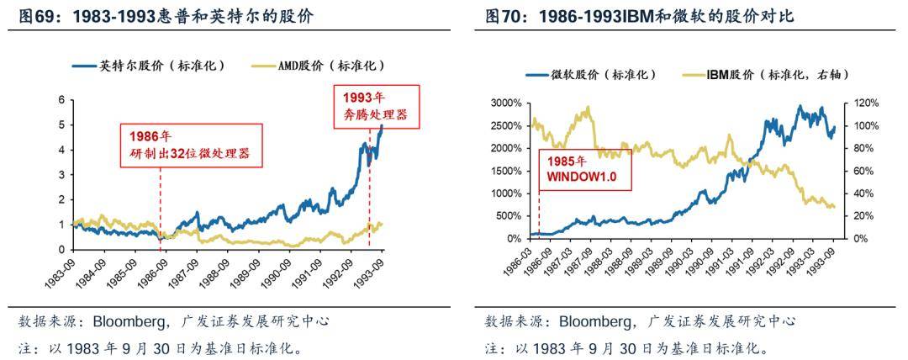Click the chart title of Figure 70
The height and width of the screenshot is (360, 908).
click(x=639, y=16)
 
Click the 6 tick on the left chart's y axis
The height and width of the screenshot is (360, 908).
click(x=61, y=99)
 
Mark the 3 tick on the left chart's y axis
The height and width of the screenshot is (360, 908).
click(x=61, y=174)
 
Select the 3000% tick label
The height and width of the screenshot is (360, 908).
click(x=505, y=103)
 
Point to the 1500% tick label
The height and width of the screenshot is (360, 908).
click(x=505, y=171)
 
